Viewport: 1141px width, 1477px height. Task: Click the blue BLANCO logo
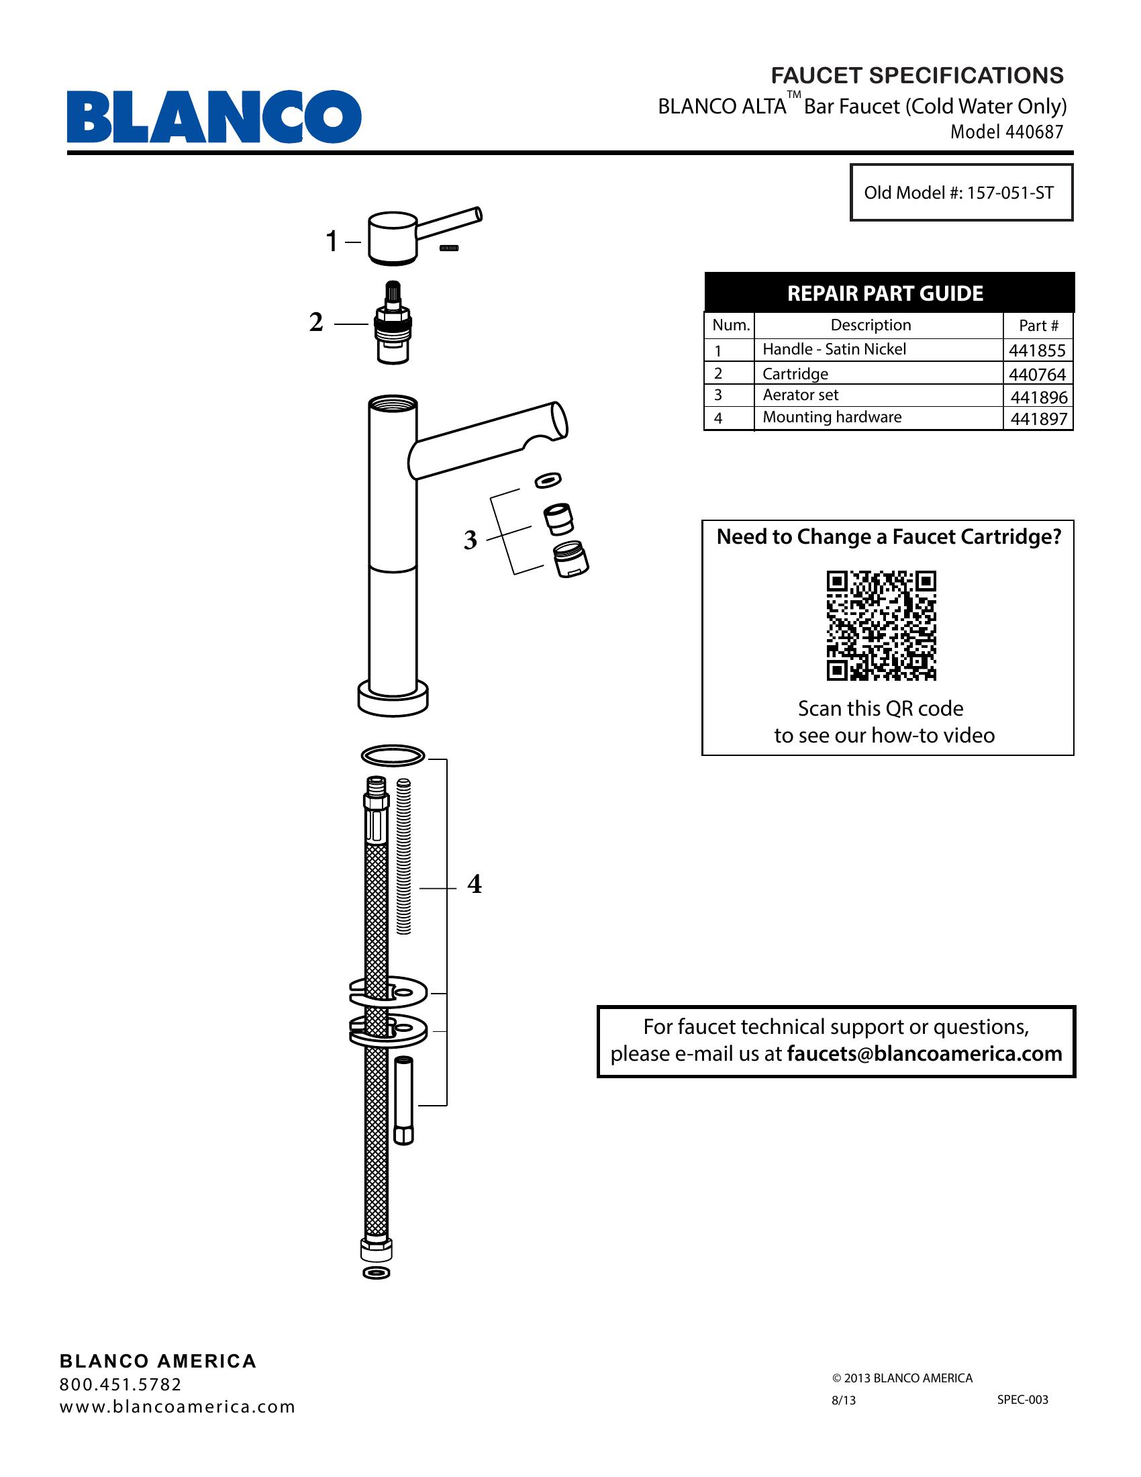[213, 116]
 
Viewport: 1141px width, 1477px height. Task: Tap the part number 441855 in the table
[1037, 350]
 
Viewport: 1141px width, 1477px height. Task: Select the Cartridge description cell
[795, 373]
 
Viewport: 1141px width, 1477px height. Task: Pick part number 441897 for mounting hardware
[1038, 419]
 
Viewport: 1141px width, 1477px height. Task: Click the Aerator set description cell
[800, 395]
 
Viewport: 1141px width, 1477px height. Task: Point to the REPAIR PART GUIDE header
[885, 293]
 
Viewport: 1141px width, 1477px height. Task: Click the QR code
[881, 626]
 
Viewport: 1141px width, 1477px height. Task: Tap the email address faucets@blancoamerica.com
[924, 1053]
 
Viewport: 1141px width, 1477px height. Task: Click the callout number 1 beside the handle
[331, 242]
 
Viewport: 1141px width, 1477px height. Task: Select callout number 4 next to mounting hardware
[475, 884]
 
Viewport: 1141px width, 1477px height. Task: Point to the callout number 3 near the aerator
[470, 540]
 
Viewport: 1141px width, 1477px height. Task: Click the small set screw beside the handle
[449, 248]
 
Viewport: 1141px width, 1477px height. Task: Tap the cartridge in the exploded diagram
[393, 324]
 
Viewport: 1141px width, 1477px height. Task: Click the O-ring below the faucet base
[393, 755]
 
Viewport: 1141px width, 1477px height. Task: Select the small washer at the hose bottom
[377, 1274]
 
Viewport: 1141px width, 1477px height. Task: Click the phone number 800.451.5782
[121, 1384]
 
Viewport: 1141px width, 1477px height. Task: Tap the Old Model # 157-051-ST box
[960, 193]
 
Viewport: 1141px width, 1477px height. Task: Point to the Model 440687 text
[1007, 132]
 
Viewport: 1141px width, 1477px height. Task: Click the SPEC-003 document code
[1023, 1399]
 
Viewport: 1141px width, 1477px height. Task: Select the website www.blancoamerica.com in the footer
[178, 1407]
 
